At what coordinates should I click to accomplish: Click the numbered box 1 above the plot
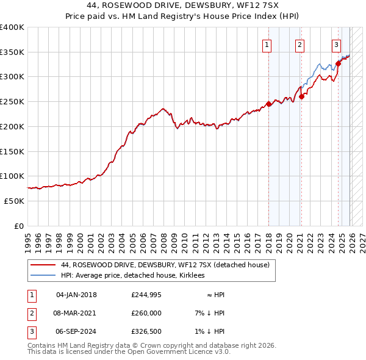[x=267, y=44]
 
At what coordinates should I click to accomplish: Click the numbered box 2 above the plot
[x=300, y=44]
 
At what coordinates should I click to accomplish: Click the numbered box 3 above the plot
[x=336, y=44]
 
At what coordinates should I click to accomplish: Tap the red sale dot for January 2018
[x=269, y=104]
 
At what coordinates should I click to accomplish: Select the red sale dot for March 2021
[x=301, y=96]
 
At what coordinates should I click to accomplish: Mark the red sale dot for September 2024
[x=338, y=63]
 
